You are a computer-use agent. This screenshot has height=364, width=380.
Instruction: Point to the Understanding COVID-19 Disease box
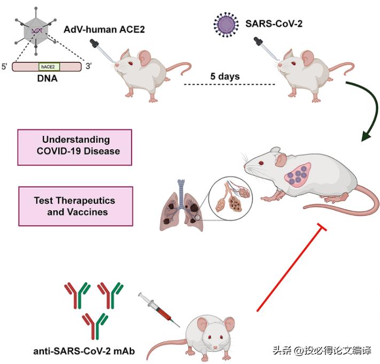tap(76, 146)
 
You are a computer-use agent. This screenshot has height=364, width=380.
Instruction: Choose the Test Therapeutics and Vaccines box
tap(76, 206)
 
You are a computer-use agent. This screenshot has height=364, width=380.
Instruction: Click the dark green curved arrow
tap(363, 107)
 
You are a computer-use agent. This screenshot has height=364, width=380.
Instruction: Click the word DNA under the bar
tap(47, 80)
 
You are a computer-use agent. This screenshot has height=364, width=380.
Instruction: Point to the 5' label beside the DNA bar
tap(6, 67)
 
